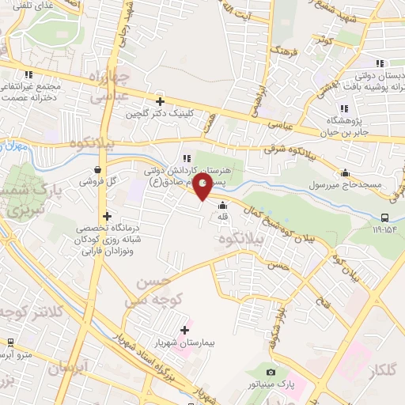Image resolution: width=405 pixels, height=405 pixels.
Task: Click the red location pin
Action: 202,185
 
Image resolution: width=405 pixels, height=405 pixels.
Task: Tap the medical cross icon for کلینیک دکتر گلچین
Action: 161,101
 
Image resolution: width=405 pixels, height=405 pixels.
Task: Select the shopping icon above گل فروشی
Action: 97,168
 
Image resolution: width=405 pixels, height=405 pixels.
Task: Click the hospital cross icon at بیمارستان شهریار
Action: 185,330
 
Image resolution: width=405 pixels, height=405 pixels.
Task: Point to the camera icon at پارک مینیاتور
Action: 271,373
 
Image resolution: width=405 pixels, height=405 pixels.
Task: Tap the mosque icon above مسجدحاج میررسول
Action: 345,173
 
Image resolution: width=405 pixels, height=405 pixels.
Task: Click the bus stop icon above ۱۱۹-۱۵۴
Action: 384,218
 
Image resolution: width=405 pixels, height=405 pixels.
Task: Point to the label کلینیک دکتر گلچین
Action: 161,114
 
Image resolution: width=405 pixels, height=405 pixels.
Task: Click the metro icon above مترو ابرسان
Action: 10,343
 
